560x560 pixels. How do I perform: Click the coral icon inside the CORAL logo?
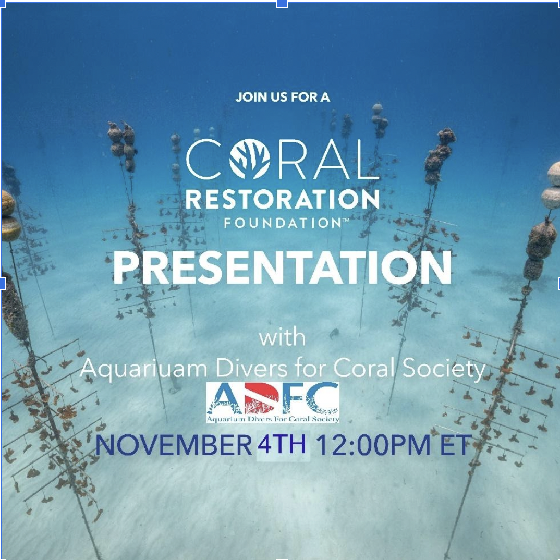(251, 159)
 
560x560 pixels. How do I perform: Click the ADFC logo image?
(273, 402)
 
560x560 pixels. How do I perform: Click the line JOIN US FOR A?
(282, 98)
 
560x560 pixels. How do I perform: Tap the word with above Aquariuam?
(282, 338)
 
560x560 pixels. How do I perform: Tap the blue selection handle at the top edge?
(282, 3)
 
